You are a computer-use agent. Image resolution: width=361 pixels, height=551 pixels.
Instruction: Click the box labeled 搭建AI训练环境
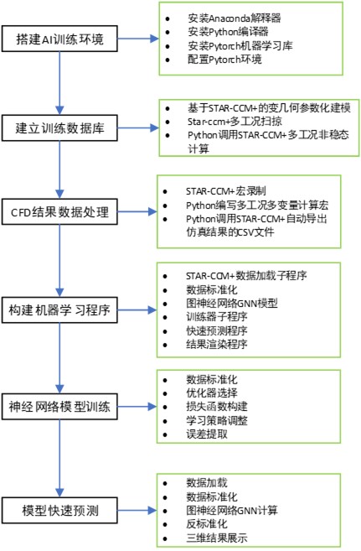coord(59,39)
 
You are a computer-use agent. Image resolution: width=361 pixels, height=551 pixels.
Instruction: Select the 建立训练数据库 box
coord(59,128)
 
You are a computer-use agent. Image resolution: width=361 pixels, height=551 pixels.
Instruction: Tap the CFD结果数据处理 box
coord(59,211)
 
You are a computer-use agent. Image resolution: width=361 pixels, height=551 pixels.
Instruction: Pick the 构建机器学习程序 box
coord(59,310)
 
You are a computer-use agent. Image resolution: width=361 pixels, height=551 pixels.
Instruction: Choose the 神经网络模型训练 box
coord(59,407)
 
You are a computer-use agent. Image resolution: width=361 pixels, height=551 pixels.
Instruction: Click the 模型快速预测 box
coord(59,510)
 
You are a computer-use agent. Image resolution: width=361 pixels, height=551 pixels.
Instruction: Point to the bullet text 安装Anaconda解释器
coord(235,18)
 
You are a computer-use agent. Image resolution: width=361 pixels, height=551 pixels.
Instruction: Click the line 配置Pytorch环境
coord(224,59)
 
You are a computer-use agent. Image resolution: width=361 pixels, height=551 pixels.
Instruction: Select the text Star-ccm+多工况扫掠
coord(235,122)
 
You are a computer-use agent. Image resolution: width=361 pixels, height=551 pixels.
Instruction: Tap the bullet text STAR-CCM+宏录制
coord(226,191)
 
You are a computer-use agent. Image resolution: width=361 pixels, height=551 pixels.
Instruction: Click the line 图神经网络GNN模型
coord(232,303)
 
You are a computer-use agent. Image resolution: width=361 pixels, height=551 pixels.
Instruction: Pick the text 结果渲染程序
coord(217,344)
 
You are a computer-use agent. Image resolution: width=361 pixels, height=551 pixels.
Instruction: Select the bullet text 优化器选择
coord(212,392)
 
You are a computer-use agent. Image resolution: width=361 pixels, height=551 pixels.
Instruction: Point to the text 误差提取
coord(207,434)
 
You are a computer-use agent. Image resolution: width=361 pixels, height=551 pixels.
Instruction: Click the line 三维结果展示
coord(217,538)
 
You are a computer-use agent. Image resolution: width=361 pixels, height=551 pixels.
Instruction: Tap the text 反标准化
coord(207,524)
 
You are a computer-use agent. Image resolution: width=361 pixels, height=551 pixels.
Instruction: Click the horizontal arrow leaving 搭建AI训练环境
coord(138,39)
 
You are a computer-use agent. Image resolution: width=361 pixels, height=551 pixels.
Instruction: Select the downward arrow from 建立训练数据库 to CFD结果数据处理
coord(59,169)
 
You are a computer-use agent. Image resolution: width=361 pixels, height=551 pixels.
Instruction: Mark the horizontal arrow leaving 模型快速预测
coord(137,510)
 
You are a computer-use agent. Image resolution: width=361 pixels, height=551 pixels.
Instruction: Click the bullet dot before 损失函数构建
coord(165,408)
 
